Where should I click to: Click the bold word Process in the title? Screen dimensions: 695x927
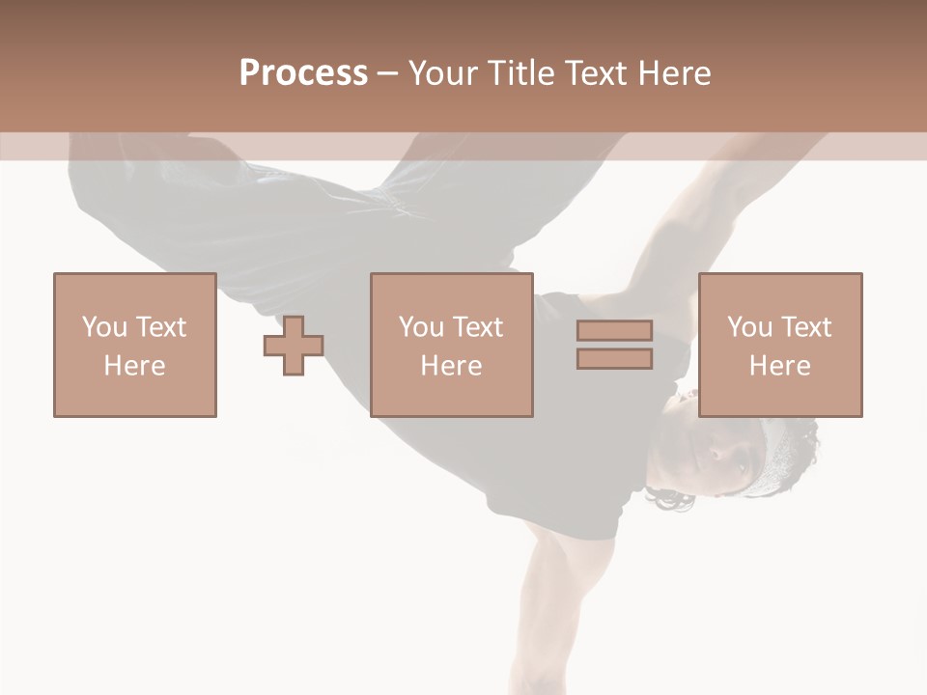303,72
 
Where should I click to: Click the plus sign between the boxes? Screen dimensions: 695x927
294,346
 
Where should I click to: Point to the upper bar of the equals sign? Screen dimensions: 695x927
614,330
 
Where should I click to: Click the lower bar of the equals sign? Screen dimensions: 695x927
614,358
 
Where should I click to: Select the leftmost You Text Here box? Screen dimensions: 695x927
135,345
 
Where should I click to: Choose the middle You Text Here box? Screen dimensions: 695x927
451,345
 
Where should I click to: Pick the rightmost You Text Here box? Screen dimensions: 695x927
779,345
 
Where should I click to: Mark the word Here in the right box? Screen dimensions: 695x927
779,365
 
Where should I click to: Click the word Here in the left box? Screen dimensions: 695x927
135,365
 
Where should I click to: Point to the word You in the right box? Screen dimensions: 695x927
750,327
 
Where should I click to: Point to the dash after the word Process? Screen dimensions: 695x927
387,73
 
